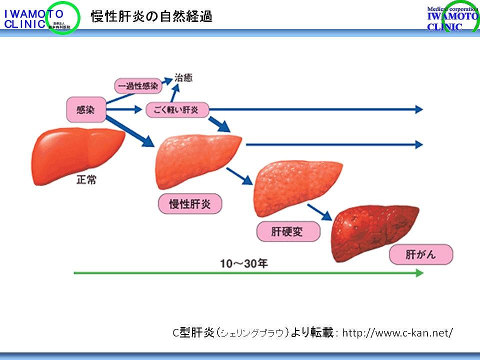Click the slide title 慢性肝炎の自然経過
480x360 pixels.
coord(151,16)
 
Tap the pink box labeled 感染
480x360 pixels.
coord(86,109)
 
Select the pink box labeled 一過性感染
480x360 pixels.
coord(138,86)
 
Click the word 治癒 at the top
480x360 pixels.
coord(182,78)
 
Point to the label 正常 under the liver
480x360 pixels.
coord(86,179)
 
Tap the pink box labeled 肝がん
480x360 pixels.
coord(421,254)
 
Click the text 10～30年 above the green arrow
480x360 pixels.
coord(244,263)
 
